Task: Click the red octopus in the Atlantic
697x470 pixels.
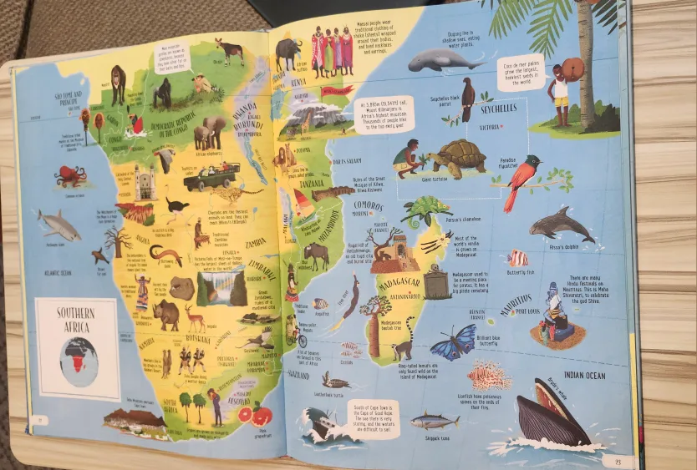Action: (x=70, y=176)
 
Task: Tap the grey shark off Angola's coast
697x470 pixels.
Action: (x=59, y=225)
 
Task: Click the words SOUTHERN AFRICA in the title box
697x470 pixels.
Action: (x=75, y=320)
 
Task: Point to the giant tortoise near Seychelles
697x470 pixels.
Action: (x=455, y=155)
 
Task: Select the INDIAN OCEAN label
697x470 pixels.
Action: (x=584, y=376)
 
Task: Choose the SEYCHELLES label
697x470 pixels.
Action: (x=498, y=109)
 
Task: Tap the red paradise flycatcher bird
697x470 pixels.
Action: (x=519, y=180)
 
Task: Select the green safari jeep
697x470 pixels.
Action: (x=211, y=176)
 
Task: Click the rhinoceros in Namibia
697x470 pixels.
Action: (x=165, y=314)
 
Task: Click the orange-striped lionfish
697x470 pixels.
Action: (x=489, y=375)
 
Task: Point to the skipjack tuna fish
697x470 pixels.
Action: (x=434, y=419)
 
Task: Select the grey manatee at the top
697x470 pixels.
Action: (x=435, y=60)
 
